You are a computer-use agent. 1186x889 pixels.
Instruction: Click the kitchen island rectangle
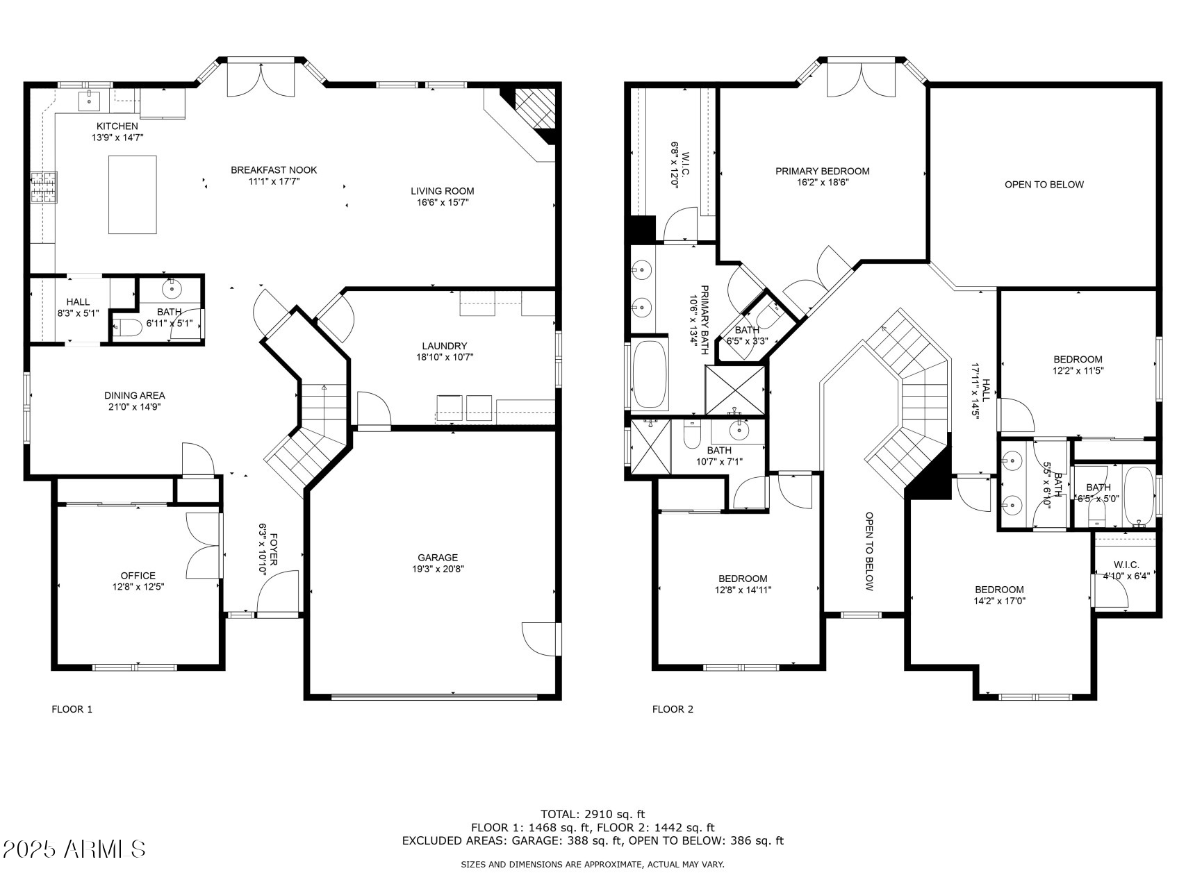(x=132, y=194)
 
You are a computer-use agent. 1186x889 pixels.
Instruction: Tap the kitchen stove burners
(x=44, y=188)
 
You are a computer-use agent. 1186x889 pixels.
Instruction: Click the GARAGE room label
(x=438, y=557)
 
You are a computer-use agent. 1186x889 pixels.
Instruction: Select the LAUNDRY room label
(x=445, y=346)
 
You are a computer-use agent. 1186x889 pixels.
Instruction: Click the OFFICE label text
(x=138, y=575)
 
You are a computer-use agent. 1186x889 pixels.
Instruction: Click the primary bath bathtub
(x=650, y=374)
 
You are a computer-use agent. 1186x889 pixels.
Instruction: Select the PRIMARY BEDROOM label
(x=823, y=171)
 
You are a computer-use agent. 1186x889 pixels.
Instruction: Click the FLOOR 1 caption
(x=72, y=709)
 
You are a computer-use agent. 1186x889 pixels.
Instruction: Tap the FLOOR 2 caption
(x=673, y=709)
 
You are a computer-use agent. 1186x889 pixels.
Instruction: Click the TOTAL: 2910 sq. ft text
(x=593, y=814)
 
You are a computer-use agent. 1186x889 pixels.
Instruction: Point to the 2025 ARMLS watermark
(x=74, y=849)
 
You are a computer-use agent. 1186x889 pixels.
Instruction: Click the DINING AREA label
(x=135, y=395)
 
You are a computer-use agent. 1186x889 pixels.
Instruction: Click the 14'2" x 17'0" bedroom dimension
(x=999, y=601)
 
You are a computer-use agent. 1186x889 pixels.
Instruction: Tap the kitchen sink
(x=89, y=100)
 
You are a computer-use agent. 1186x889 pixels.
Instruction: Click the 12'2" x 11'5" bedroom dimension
(x=1078, y=370)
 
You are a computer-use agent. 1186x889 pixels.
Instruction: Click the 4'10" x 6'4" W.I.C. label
(x=1126, y=575)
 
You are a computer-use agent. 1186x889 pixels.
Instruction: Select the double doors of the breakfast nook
(x=262, y=80)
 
